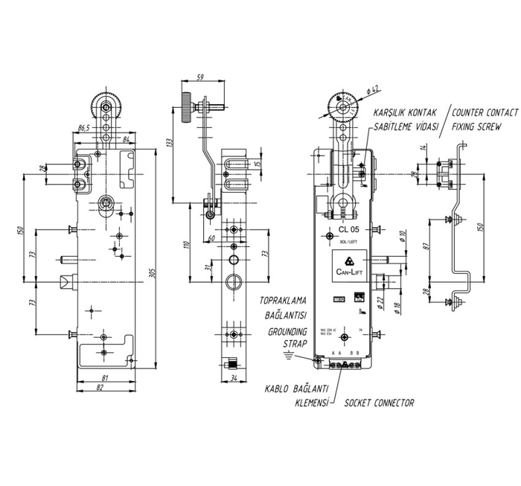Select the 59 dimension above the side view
pyautogui.click(x=199, y=77)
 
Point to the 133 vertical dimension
pyautogui.click(x=170, y=142)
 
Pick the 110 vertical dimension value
pyautogui.click(x=187, y=243)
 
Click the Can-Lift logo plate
pyautogui.click(x=349, y=263)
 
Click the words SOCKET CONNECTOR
pyautogui.click(x=379, y=403)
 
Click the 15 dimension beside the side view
pyautogui.click(x=257, y=163)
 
